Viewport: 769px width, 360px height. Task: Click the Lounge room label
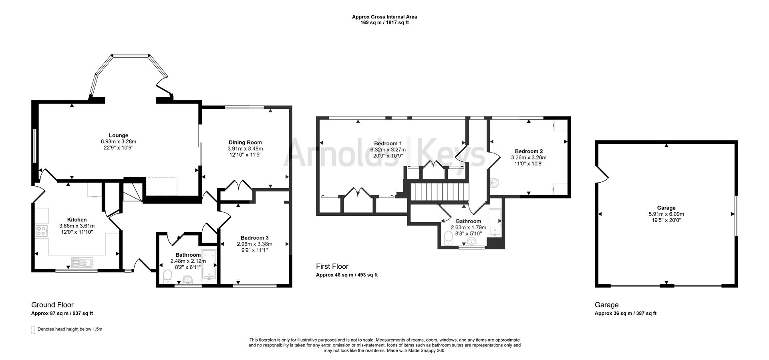(119, 135)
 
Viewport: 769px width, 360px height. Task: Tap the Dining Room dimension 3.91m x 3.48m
(245, 148)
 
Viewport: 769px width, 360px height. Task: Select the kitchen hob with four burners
(41, 231)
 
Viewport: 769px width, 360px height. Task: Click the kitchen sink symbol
(82, 262)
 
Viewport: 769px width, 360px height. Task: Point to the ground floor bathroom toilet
(168, 276)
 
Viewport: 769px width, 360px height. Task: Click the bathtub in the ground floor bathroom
(208, 264)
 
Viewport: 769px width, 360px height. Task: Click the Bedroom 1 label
(388, 143)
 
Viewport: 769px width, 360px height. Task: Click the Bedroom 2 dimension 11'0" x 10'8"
(529, 163)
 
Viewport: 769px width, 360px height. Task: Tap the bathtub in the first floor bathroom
(495, 222)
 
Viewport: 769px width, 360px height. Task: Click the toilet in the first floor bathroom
(449, 238)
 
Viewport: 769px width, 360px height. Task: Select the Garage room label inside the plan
(666, 208)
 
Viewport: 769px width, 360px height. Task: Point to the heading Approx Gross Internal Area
(384, 17)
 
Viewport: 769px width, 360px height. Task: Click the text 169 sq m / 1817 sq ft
(384, 23)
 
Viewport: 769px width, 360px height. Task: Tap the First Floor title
(332, 266)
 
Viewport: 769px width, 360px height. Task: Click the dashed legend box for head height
(33, 330)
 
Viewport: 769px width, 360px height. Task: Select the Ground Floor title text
(52, 305)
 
